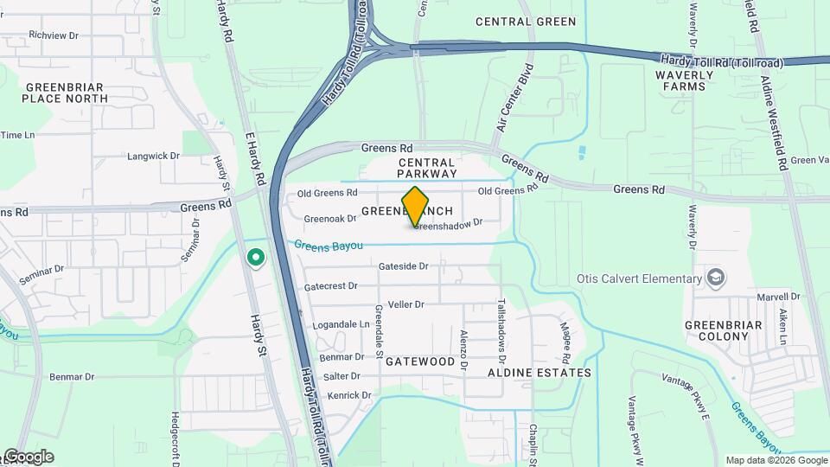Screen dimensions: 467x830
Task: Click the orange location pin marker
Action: [415, 207]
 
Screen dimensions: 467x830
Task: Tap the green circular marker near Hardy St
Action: [255, 257]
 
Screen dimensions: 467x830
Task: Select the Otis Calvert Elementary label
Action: [639, 278]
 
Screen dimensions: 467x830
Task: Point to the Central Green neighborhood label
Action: [525, 22]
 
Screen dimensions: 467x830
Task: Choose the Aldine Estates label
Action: [539, 373]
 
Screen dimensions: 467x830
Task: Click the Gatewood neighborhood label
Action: [420, 361]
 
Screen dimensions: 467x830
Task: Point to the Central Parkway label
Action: [426, 168]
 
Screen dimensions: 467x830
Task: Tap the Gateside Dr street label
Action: [403, 266]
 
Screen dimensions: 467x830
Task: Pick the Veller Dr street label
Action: [406, 304]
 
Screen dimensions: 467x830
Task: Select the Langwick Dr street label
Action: [153, 157]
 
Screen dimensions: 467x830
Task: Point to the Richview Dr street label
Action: [54, 36]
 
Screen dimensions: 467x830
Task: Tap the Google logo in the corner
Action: [29, 457]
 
